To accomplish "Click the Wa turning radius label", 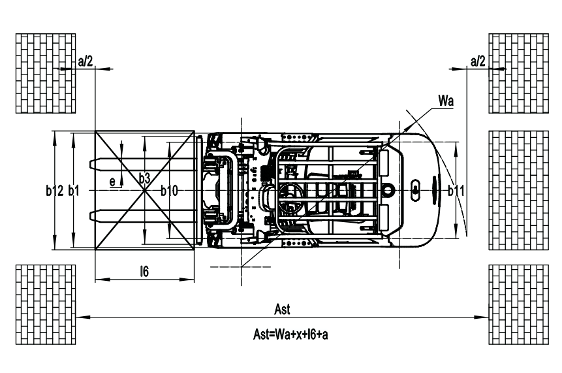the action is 446,101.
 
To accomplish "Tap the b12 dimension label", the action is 54,191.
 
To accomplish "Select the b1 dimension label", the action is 74,191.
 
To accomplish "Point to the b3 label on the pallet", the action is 144,178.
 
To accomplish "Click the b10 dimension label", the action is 169,191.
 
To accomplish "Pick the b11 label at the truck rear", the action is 456,191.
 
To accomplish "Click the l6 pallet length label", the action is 144,272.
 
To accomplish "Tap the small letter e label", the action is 112,182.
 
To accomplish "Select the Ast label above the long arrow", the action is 282,309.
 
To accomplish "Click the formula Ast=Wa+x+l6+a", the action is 290,334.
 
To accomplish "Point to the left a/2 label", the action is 86,61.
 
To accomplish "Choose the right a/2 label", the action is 478,61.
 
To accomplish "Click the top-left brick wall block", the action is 46,74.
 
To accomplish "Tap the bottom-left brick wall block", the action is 46,304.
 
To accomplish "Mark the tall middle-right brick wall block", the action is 519,190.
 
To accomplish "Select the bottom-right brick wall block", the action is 519,304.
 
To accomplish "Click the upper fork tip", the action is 90,164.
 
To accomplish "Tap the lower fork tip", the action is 90,216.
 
